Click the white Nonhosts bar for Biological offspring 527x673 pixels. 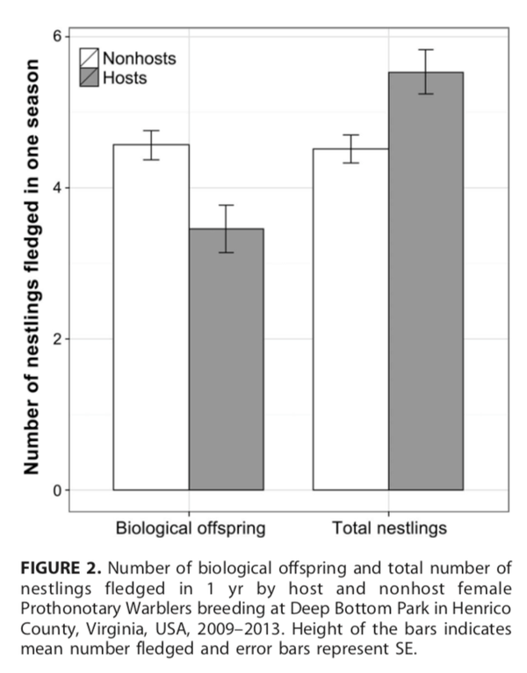151,316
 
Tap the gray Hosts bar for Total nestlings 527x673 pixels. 426,281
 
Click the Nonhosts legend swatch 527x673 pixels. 90,59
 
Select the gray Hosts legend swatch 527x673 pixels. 90,78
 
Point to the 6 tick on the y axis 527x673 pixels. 57,36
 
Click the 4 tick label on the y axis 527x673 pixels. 57,188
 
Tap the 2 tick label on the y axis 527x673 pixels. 57,339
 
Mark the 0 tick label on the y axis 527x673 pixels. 57,490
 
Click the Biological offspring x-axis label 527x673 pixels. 191,529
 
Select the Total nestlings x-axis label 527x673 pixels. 389,529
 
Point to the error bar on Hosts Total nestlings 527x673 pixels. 426,72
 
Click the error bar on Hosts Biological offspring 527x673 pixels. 226,228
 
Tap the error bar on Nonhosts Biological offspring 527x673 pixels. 151,145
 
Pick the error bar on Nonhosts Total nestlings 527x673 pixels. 351,148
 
